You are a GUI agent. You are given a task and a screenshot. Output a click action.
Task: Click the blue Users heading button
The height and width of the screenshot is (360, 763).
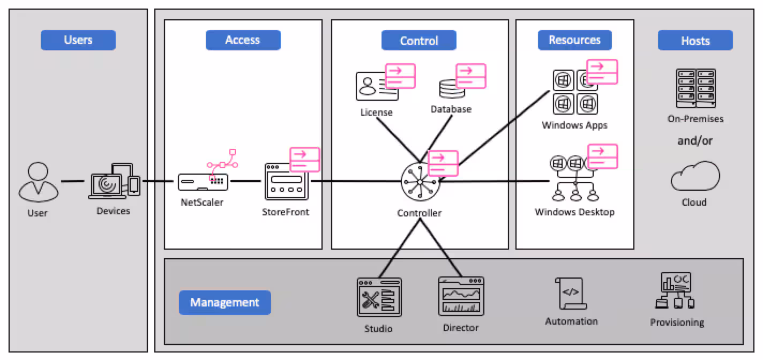tap(78, 40)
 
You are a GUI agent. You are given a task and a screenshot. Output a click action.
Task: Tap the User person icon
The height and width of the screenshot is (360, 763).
tap(38, 183)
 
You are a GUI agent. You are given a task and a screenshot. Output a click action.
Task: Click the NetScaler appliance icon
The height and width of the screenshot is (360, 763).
tap(203, 182)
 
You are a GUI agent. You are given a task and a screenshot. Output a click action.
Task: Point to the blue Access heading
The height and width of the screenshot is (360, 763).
tap(243, 40)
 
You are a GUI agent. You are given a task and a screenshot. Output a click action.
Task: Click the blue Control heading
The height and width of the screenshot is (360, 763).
tap(419, 41)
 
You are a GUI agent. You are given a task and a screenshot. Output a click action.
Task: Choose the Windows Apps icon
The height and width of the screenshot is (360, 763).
tap(575, 92)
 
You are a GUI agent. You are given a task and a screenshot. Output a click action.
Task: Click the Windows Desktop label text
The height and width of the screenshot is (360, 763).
tap(574, 212)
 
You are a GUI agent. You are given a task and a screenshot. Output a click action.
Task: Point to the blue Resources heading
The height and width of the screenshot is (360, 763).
tap(574, 40)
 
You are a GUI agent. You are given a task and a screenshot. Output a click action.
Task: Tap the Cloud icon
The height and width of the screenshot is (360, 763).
tap(695, 177)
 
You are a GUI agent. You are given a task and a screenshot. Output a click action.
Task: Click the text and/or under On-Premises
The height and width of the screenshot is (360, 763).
tap(695, 141)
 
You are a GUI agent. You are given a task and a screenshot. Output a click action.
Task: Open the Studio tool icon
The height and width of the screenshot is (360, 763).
tap(379, 297)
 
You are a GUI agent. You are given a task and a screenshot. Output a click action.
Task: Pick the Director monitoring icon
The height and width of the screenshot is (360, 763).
tap(461, 296)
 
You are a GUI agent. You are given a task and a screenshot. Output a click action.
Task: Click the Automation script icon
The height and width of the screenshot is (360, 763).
tap(571, 294)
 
